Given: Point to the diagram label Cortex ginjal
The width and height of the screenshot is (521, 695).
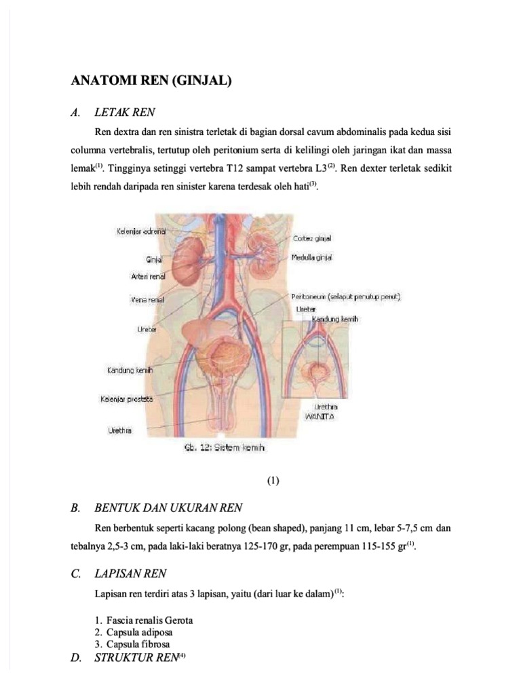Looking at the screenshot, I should pyautogui.click(x=313, y=238).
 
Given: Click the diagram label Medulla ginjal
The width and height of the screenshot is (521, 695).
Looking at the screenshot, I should pyautogui.click(x=313, y=258).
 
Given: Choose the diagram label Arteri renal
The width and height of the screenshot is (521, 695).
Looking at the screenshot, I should pyautogui.click(x=148, y=276).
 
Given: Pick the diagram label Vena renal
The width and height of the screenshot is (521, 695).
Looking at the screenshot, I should pyautogui.click(x=147, y=298).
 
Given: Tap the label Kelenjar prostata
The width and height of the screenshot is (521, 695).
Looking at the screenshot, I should pyautogui.click(x=127, y=400).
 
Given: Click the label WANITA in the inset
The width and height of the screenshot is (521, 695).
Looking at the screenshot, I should pyautogui.click(x=320, y=415).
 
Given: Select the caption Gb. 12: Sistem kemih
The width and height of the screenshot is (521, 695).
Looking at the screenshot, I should pyautogui.click(x=223, y=448).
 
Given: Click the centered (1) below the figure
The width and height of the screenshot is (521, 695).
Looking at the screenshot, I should pyautogui.click(x=273, y=481).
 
